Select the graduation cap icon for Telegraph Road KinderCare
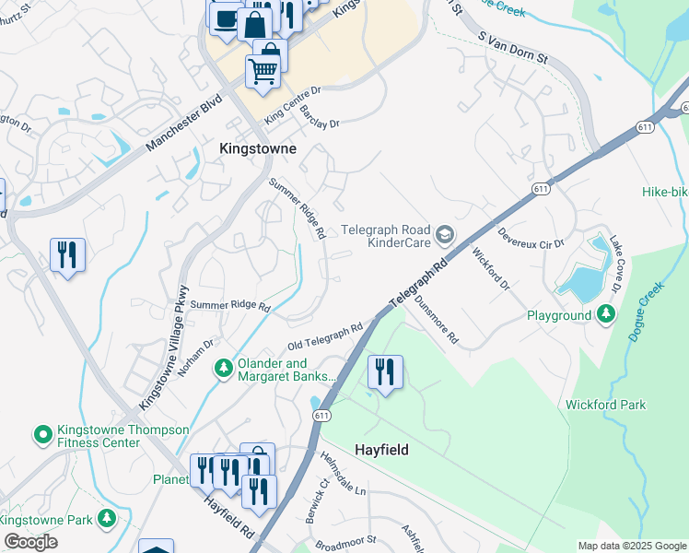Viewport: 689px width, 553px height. coord(446,236)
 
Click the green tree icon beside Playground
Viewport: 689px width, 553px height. coord(605,315)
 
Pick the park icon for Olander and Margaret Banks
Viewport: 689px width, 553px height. coord(223,369)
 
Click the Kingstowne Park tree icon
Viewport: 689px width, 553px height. coord(108,520)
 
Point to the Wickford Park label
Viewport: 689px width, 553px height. coord(605,405)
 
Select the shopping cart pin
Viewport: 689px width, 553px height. coord(263,70)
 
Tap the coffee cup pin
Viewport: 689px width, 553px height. coord(225,18)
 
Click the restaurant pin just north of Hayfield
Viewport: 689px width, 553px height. coord(384,371)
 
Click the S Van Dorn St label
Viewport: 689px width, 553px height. coord(513,46)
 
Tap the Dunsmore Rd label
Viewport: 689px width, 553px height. coord(436,319)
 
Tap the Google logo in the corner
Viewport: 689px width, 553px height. coord(30,542)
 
